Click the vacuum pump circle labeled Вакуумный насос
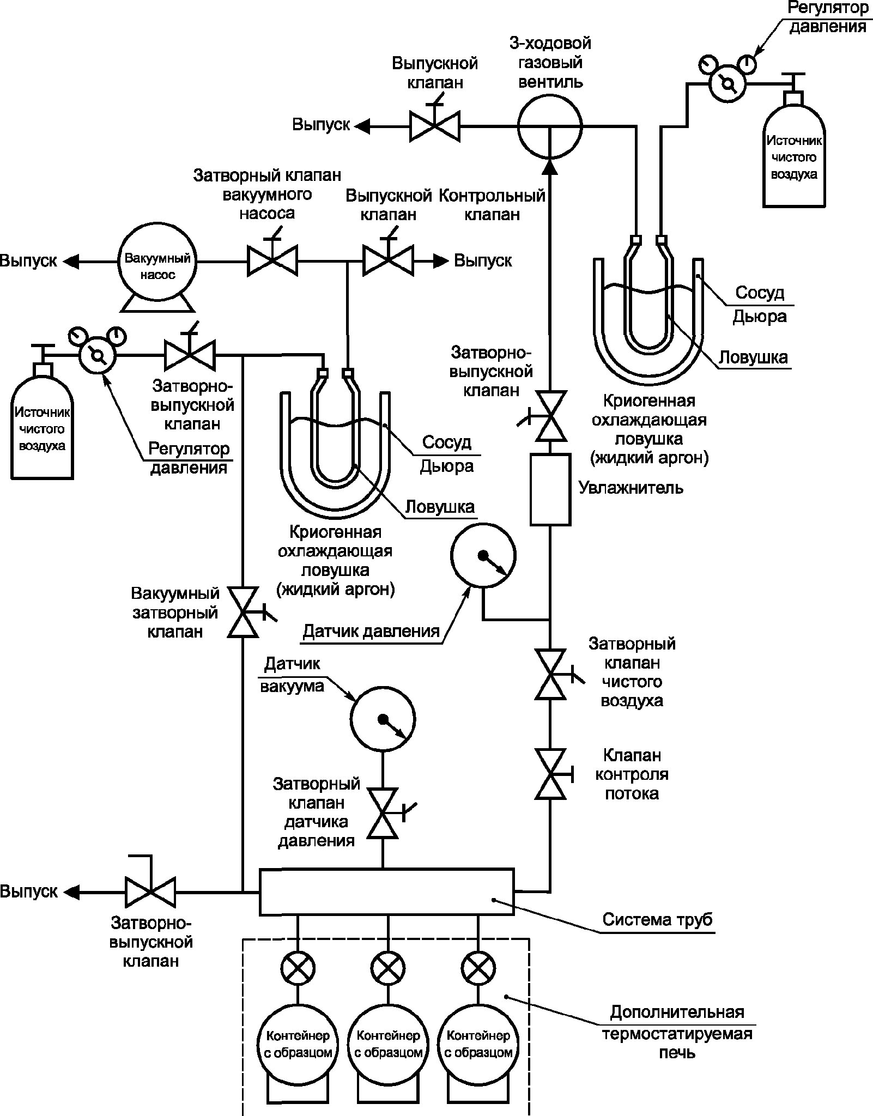(158, 262)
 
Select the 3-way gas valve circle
(549, 126)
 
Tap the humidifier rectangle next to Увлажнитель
(550, 489)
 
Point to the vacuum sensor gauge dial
(383, 719)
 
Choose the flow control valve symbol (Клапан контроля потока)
(550, 774)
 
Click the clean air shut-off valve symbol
(550, 674)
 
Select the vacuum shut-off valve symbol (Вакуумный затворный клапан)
(243, 612)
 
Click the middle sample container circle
(388, 1043)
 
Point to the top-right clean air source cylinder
(793, 158)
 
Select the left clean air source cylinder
(42, 428)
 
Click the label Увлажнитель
(630, 487)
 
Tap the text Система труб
(657, 920)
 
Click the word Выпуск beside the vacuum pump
(28, 261)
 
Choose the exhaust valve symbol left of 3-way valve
(434, 126)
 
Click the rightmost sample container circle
(478, 1043)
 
